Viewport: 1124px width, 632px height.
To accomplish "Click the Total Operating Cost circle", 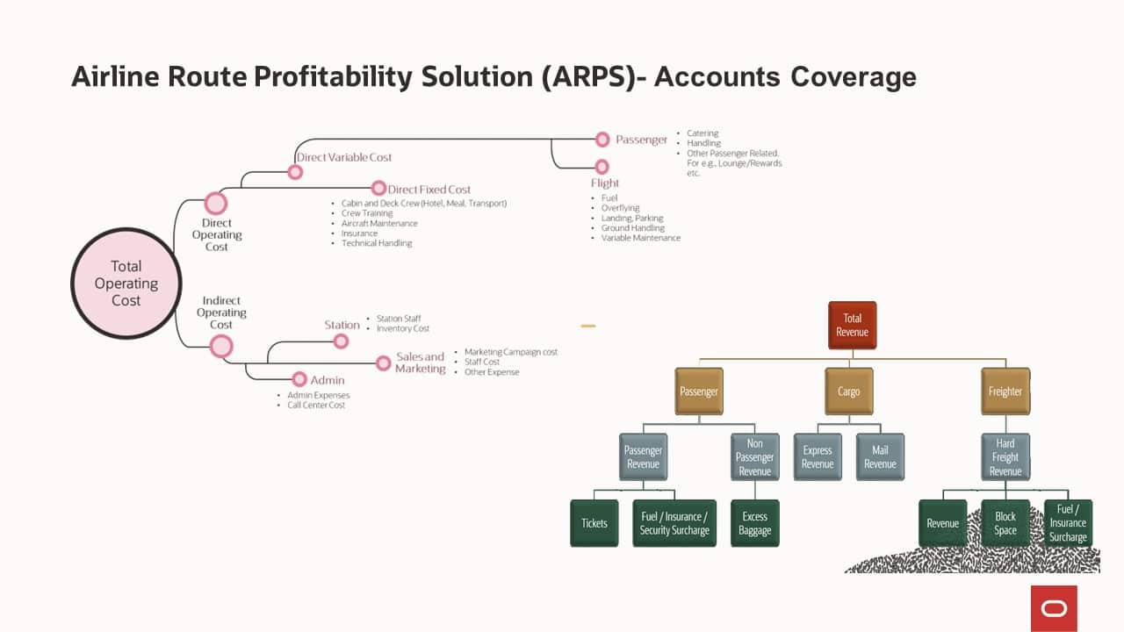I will coord(126,284).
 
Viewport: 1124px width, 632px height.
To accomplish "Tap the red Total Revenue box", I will coord(852,325).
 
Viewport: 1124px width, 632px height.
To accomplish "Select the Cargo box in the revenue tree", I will coord(848,391).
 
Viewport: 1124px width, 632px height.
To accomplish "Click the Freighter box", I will coord(1005,391).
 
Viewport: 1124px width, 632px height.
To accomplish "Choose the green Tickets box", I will coord(594,523).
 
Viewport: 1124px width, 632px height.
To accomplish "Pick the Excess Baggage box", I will coord(754,523).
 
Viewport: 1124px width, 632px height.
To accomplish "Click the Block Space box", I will coord(1005,523).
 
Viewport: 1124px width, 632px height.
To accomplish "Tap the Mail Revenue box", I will coord(880,456).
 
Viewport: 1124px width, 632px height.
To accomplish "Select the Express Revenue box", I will coord(817,456).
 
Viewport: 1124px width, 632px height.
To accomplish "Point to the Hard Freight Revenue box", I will coord(1005,456).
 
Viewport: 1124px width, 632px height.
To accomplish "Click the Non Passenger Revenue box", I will coord(754,456).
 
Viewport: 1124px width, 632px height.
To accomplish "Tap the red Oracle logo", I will coord(1054,608).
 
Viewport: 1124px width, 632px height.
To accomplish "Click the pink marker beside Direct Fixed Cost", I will coord(378,188).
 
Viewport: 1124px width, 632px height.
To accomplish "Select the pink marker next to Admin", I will coord(299,379).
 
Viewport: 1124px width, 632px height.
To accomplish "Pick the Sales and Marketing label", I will coord(420,363).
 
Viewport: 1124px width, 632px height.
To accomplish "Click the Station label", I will coord(342,325).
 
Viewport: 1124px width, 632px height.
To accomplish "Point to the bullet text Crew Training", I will coord(367,213).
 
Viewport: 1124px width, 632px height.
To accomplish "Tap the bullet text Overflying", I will coord(620,208).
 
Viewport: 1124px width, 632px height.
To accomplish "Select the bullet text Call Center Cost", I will coord(316,406).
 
